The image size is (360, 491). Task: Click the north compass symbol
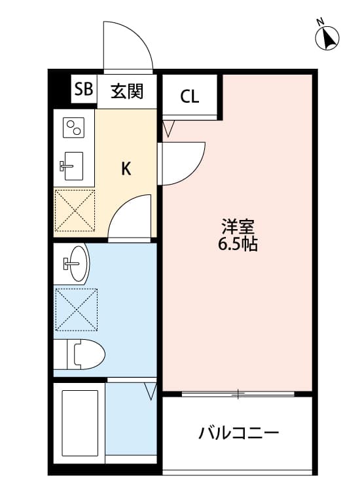click(x=327, y=37)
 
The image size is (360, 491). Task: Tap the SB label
click(x=83, y=90)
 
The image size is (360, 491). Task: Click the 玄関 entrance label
click(x=126, y=91)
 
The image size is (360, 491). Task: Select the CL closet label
click(x=190, y=97)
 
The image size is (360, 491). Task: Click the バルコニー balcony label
click(x=239, y=433)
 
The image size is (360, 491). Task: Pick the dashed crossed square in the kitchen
click(x=75, y=210)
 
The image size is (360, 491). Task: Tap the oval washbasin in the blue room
click(x=77, y=263)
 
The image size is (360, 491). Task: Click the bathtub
click(x=79, y=422)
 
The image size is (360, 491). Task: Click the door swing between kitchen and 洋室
click(x=182, y=164)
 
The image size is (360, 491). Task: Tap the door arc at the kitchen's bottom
click(x=131, y=219)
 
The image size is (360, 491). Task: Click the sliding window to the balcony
click(x=238, y=394)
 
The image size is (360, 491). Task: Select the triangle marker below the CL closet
click(x=168, y=128)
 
